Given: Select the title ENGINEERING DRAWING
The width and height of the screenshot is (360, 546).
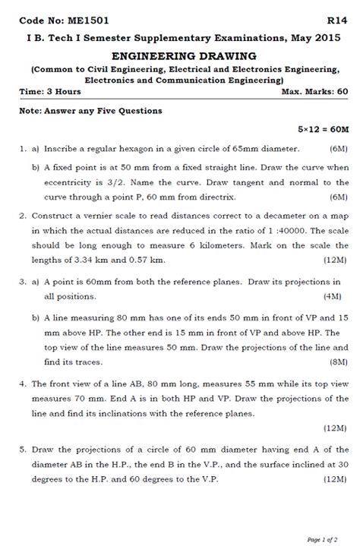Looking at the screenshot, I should point(184,56).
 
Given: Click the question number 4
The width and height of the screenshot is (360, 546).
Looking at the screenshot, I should point(24,384).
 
